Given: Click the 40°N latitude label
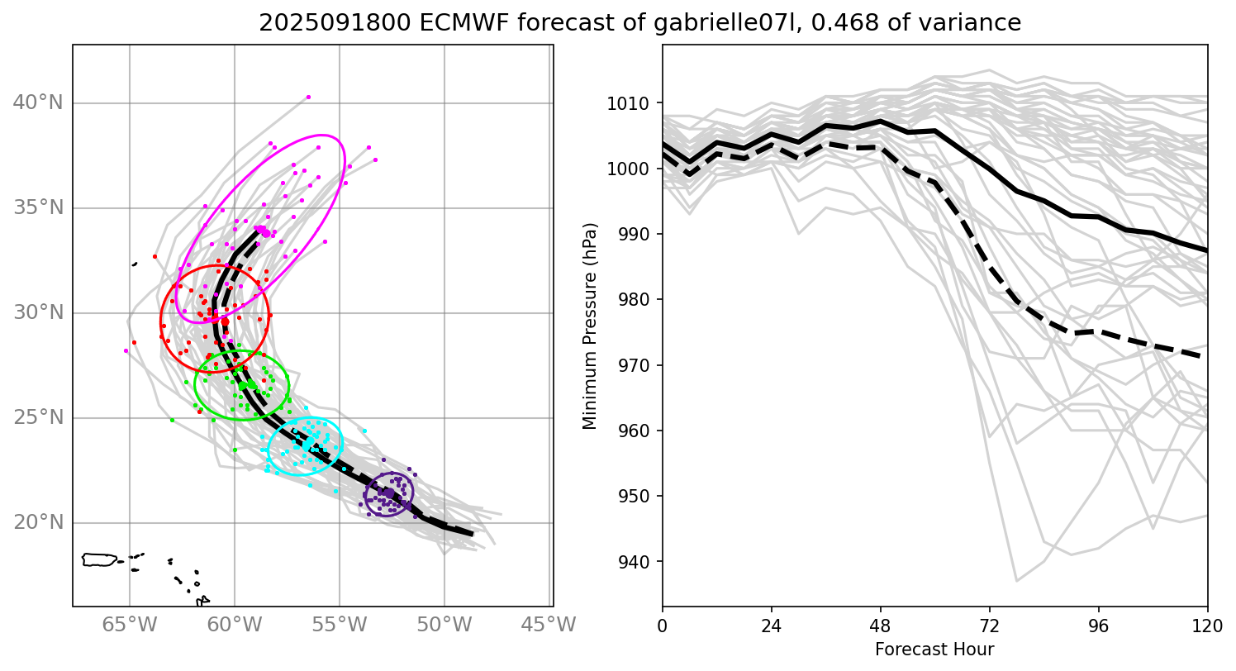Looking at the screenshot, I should (x=38, y=103).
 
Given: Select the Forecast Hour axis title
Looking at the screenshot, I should (x=934, y=649).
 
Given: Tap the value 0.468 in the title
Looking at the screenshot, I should (x=835, y=24).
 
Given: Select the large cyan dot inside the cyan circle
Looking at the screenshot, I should (x=307, y=445).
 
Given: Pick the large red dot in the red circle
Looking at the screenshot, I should (x=225, y=322).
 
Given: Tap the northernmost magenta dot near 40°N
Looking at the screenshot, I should (x=308, y=97).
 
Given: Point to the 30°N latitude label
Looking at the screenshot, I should (x=38, y=313).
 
